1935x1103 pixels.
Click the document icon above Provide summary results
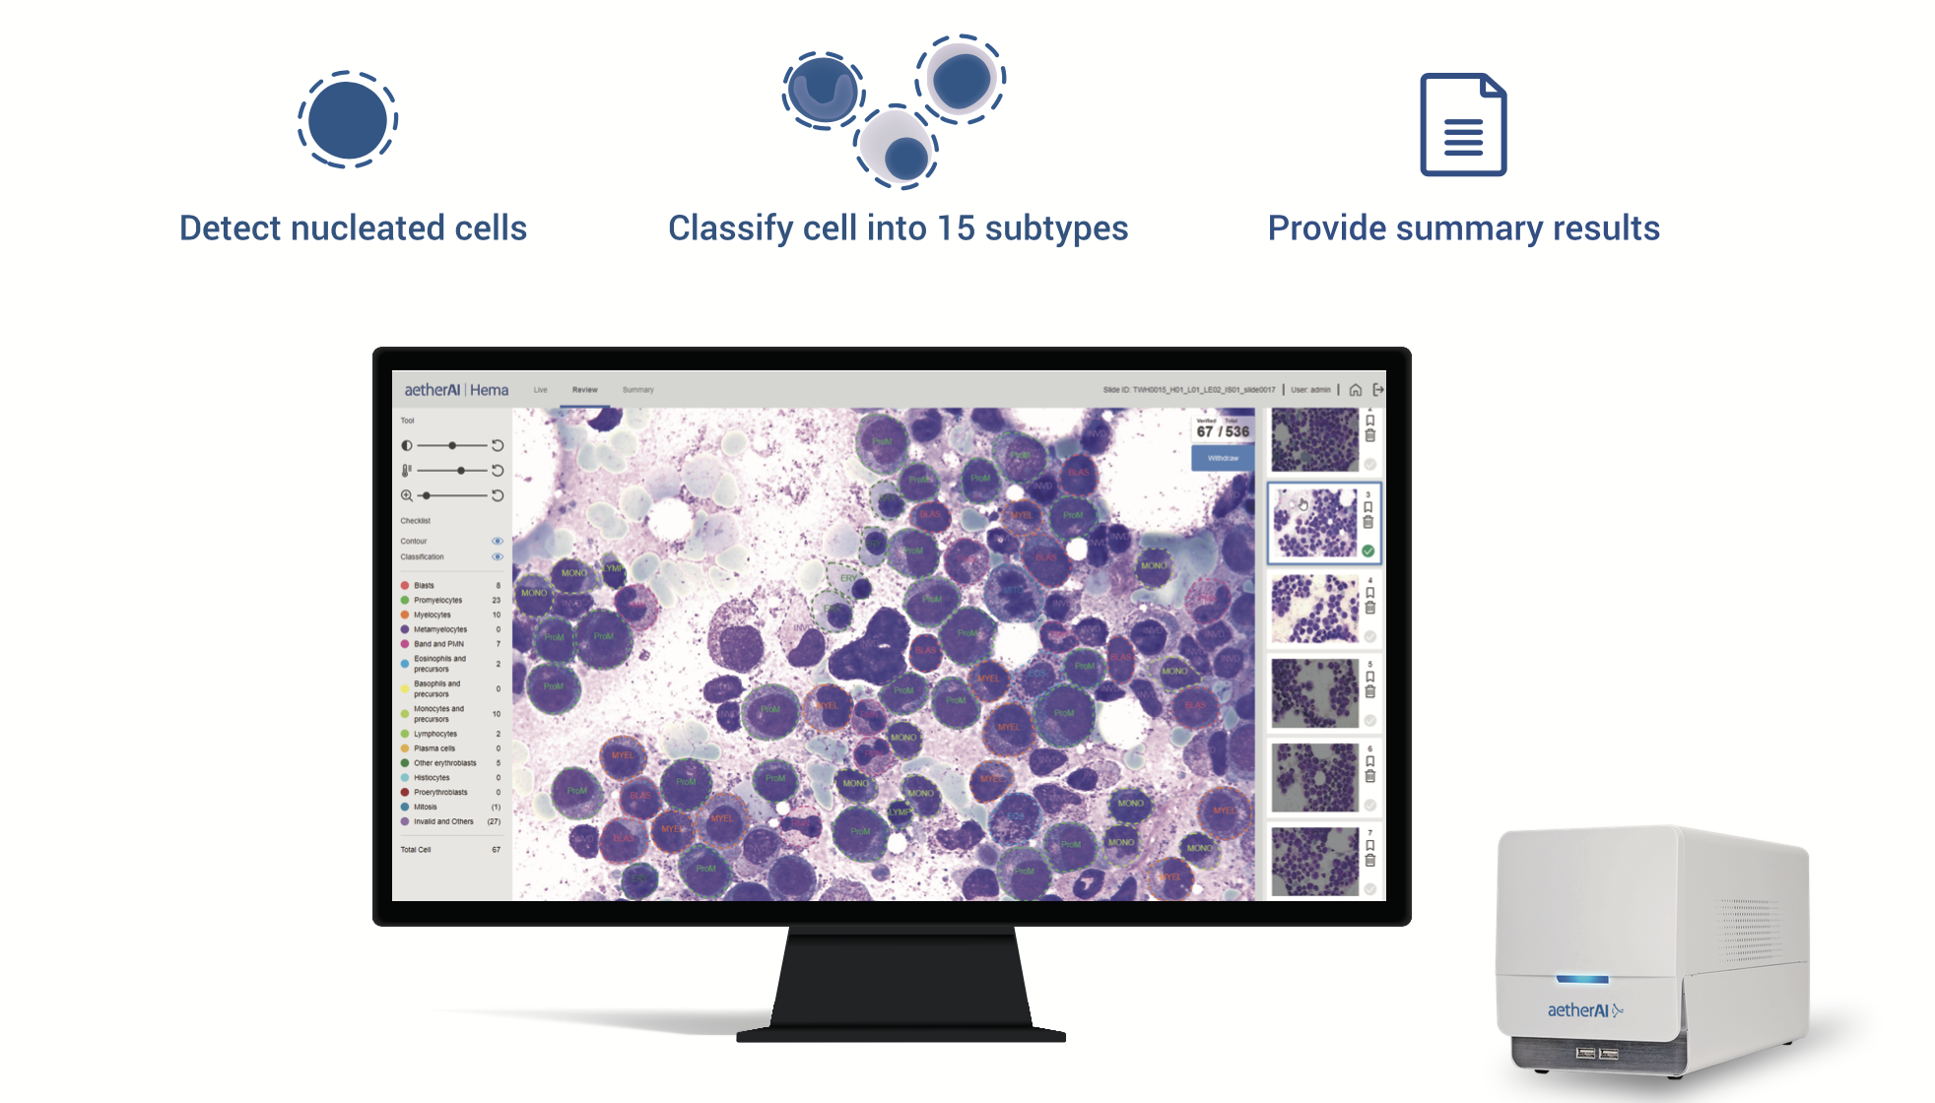tap(1463, 125)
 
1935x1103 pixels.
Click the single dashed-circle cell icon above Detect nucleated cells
tap(348, 120)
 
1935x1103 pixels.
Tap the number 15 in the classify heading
tap(955, 228)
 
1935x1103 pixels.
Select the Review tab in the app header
tap(585, 390)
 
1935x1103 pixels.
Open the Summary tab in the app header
tap(637, 390)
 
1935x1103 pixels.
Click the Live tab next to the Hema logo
tap(540, 390)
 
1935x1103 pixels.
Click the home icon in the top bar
tap(1356, 390)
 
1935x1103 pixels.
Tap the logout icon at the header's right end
tap(1378, 390)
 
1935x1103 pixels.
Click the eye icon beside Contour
tap(498, 541)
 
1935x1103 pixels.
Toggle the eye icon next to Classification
tap(498, 557)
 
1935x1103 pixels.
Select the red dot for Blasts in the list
tap(405, 586)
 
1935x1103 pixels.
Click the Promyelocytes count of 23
tap(497, 600)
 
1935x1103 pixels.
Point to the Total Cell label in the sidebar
tap(416, 850)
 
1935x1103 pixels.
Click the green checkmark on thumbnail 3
tap(1368, 551)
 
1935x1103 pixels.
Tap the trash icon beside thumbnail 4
tap(1369, 609)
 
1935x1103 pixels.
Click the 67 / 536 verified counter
tap(1223, 431)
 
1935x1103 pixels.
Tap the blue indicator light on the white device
tap(1582, 979)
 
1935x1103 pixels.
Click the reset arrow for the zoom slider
tap(498, 495)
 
